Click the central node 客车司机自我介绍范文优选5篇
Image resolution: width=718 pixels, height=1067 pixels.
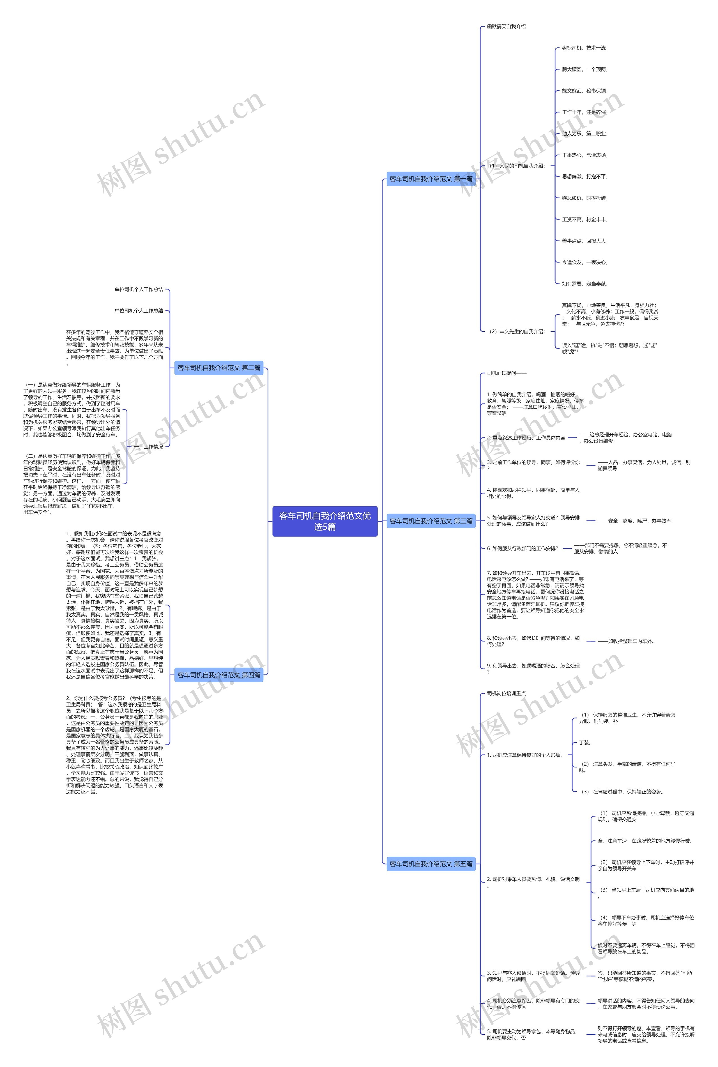coord(325,521)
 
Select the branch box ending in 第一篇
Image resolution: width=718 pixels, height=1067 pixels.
coord(431,179)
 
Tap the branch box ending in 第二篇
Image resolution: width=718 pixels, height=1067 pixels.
coord(219,368)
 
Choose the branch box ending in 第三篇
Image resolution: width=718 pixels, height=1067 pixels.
coord(431,521)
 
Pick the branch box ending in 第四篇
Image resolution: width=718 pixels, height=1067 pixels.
coord(219,675)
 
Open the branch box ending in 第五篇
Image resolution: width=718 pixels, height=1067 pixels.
coord(431,864)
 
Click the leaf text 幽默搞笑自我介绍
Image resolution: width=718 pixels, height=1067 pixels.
coord(506,27)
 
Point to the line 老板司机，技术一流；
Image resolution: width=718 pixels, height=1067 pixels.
coord(585,48)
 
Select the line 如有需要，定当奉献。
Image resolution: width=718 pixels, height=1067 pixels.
coord(585,284)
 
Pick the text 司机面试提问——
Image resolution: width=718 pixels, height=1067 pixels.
coord(507,373)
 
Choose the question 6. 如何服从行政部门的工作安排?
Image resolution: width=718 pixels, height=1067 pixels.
coord(523,549)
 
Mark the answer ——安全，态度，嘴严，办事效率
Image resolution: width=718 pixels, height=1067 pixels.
coord(634,521)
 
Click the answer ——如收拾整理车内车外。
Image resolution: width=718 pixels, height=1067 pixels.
coord(625,641)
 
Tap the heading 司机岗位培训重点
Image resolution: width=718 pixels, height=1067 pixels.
coord(506,693)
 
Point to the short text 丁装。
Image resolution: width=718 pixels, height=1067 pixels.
coord(585,743)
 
